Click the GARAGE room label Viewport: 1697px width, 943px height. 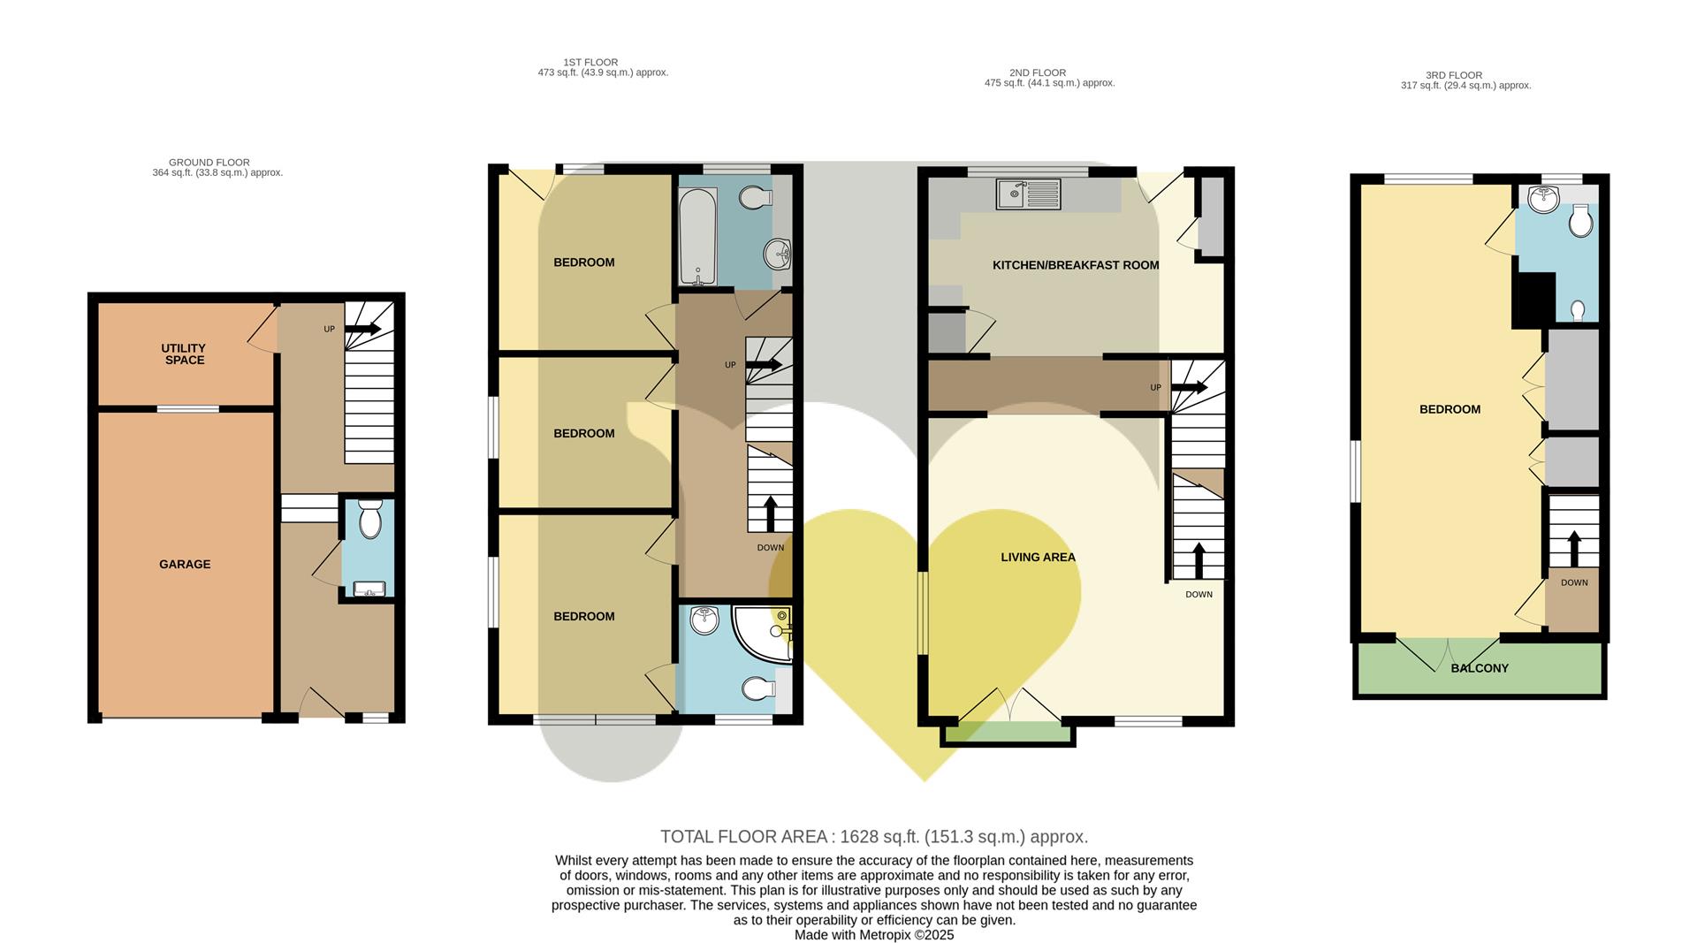pos(185,564)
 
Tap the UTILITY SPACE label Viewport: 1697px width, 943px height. pos(185,354)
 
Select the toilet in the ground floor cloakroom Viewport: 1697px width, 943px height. pos(370,519)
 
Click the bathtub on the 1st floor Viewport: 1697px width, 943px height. pos(698,236)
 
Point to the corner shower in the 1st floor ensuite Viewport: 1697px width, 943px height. pos(763,633)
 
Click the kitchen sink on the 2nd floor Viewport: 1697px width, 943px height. pos(1029,194)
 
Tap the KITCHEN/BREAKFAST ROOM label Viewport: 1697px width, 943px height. pos(1076,265)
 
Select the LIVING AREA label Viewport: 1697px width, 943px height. pos(1038,557)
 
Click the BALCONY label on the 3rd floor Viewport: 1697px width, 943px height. pos(1480,668)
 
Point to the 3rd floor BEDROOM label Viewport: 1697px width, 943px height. pos(1450,409)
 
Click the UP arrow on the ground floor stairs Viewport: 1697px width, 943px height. pos(362,329)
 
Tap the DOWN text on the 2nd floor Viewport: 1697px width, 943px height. pos(1199,595)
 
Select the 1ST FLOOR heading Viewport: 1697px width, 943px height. pos(590,62)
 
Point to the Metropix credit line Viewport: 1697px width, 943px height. pos(874,935)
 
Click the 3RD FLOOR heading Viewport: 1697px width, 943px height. pos(1454,75)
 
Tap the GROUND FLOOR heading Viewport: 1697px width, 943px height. pos(209,163)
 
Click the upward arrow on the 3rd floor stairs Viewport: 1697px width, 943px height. pos(1573,548)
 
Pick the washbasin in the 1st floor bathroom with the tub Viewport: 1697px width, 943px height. pos(777,255)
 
